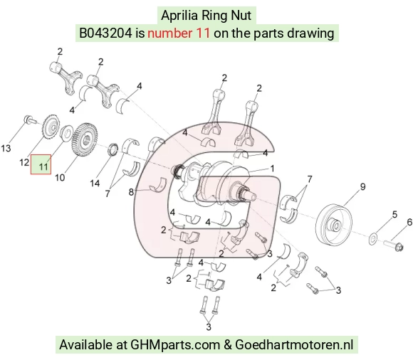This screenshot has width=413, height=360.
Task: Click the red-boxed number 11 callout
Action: tap(41, 164)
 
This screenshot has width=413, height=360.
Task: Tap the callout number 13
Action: tap(6, 149)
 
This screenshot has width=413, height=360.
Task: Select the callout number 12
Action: tap(24, 162)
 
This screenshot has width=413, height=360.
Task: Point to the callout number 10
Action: tap(60, 178)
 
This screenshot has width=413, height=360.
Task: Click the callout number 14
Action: tap(95, 183)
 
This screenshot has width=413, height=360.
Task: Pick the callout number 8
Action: tap(131, 192)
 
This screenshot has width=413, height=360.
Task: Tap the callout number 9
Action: tap(363, 187)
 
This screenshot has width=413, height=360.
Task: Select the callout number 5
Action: tap(394, 214)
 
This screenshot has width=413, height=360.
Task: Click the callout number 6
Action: tap(409, 223)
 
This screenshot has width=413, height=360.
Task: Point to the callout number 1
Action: tap(272, 169)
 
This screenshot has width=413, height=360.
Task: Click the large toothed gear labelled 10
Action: tap(84, 139)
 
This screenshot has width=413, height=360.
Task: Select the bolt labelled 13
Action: tap(29, 120)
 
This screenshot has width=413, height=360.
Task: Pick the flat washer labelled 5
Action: tap(373, 238)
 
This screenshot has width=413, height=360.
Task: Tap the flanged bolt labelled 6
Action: tap(393, 245)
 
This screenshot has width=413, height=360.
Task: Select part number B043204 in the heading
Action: tap(105, 33)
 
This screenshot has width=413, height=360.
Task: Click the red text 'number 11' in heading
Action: tap(179, 33)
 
